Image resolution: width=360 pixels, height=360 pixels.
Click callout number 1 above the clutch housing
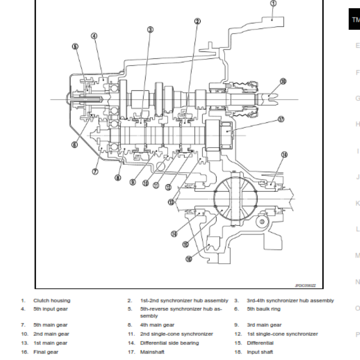point(274,3)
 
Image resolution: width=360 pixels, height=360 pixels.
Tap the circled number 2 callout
point(197,21)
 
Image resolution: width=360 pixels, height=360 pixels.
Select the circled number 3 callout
point(150,29)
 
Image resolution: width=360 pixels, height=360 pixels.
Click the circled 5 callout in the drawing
point(75,46)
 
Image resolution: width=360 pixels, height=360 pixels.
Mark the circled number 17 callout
point(281,120)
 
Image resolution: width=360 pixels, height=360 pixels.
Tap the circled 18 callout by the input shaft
point(283,81)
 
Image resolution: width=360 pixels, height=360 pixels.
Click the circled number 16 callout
point(189,258)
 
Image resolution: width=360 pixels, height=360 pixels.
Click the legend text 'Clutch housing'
point(52,301)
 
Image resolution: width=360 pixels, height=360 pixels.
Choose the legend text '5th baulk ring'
point(263,309)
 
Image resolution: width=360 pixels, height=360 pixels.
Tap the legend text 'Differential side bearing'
point(169,343)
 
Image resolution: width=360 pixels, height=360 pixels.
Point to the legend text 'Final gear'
point(46,352)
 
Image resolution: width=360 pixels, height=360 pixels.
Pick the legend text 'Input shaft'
point(260,352)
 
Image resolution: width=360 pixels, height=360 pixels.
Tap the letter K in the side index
point(358,203)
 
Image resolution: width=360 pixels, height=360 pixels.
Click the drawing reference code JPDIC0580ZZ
point(306,285)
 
